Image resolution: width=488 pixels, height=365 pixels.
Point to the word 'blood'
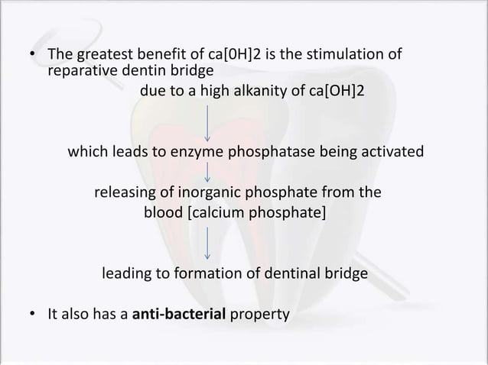point(164,211)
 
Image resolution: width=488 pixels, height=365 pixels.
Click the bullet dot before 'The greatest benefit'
point(31,56)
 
